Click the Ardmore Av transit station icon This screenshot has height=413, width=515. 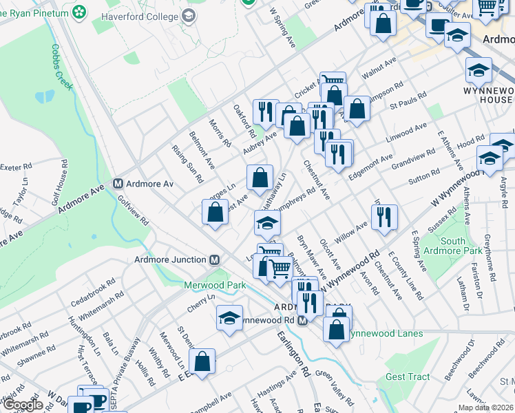pyautogui.click(x=118, y=184)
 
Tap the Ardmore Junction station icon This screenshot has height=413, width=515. pyautogui.click(x=214, y=260)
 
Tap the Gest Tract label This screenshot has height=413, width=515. pyautogui.click(x=408, y=377)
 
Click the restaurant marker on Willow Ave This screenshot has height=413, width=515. pyautogui.click(x=383, y=217)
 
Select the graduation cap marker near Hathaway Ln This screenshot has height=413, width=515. pyautogui.click(x=267, y=223)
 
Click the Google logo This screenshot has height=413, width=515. pyautogui.click(x=23, y=405)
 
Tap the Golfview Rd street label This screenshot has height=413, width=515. pyautogui.click(x=133, y=211)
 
